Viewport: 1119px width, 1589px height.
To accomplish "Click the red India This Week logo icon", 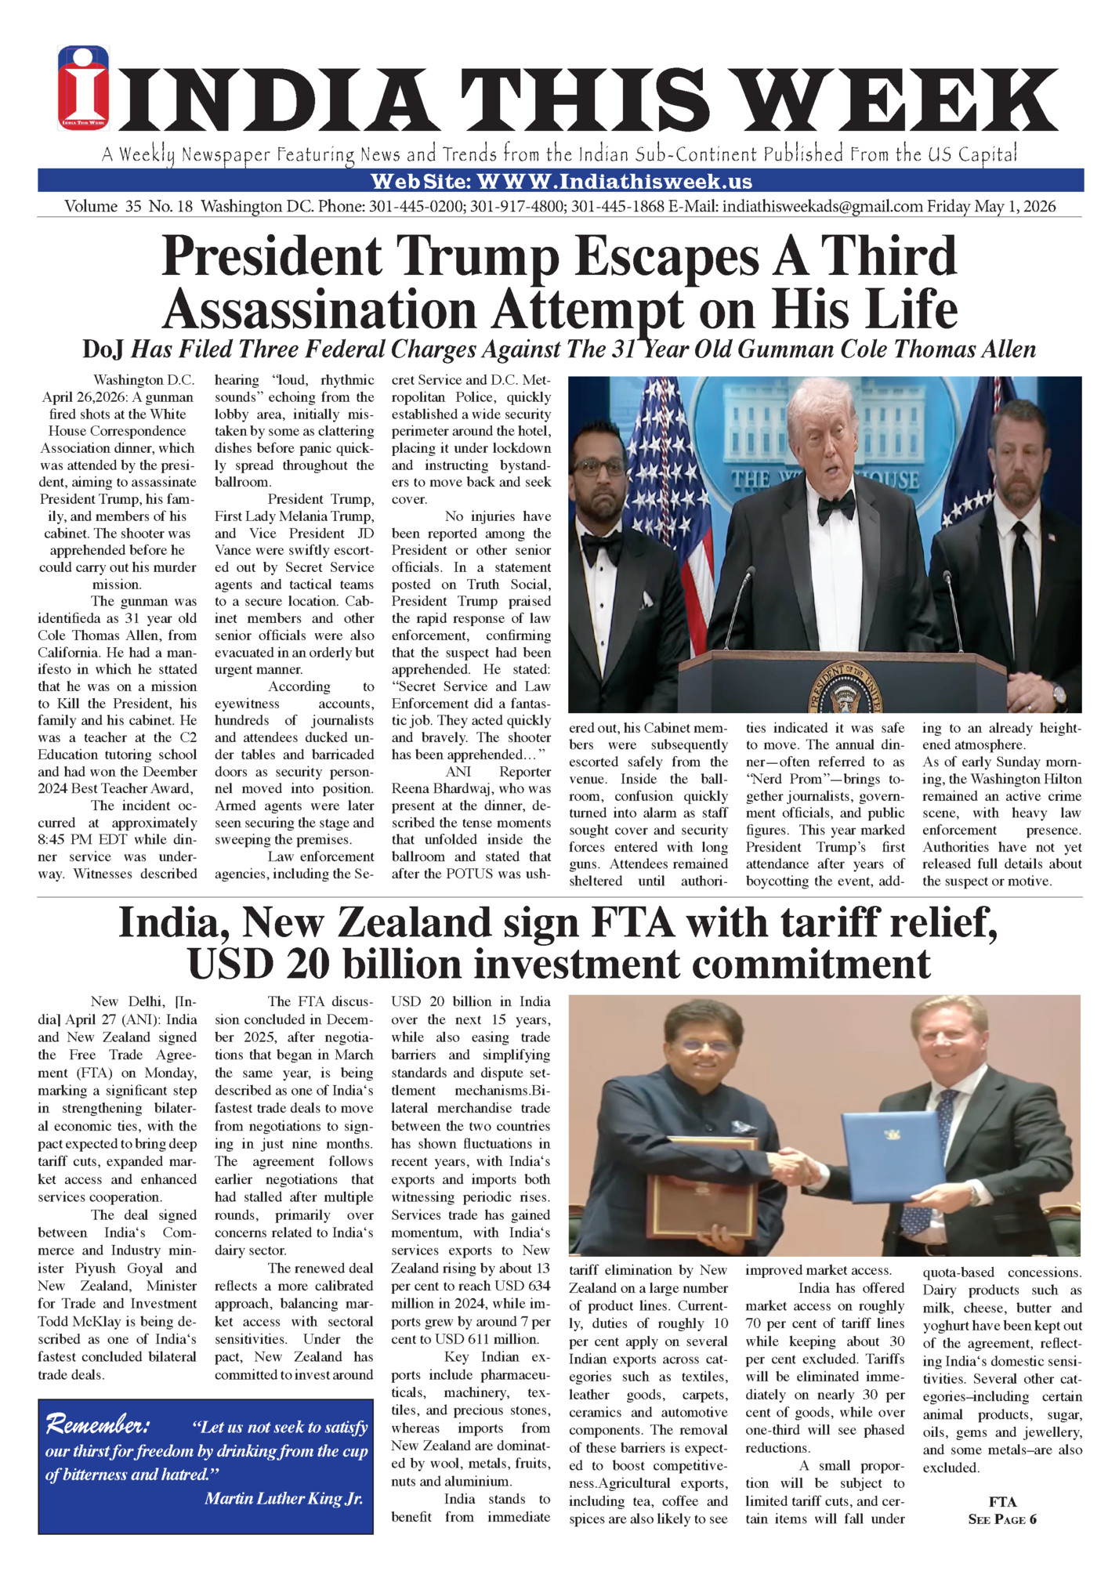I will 83,88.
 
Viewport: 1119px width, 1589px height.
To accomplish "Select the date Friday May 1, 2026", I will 991,207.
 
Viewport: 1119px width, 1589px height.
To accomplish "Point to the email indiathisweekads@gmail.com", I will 822,207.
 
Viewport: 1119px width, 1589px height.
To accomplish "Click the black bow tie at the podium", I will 835,507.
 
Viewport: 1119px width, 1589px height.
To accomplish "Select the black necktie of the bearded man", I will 1019,580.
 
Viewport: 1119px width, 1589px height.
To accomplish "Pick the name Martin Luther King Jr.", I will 284,1498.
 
